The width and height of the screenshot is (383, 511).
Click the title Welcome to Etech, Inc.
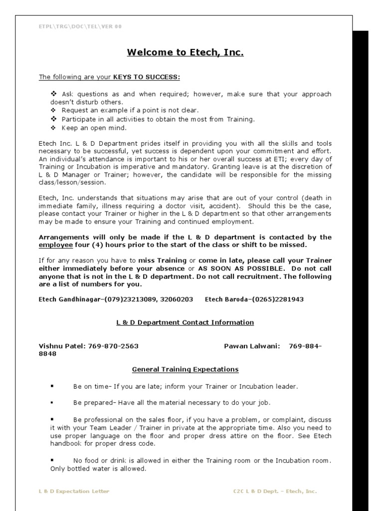(185, 52)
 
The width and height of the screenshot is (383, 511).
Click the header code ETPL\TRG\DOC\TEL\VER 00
(80, 26)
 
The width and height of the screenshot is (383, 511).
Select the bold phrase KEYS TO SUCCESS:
(147, 77)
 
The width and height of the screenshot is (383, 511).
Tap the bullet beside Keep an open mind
(54, 128)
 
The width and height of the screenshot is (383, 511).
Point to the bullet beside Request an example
(54, 111)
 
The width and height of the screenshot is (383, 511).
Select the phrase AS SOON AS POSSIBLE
(240, 268)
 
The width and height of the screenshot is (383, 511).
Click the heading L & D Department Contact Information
(185, 322)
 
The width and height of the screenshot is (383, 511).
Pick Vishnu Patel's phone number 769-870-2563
(113, 346)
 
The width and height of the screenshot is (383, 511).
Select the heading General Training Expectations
(185, 370)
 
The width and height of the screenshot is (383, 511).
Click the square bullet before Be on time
(52, 386)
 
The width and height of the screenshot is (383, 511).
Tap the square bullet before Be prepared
(52, 402)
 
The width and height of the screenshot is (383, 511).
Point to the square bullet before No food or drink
(52, 460)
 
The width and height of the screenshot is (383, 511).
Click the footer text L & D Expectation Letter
(74, 492)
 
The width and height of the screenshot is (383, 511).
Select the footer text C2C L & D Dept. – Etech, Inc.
(275, 492)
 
